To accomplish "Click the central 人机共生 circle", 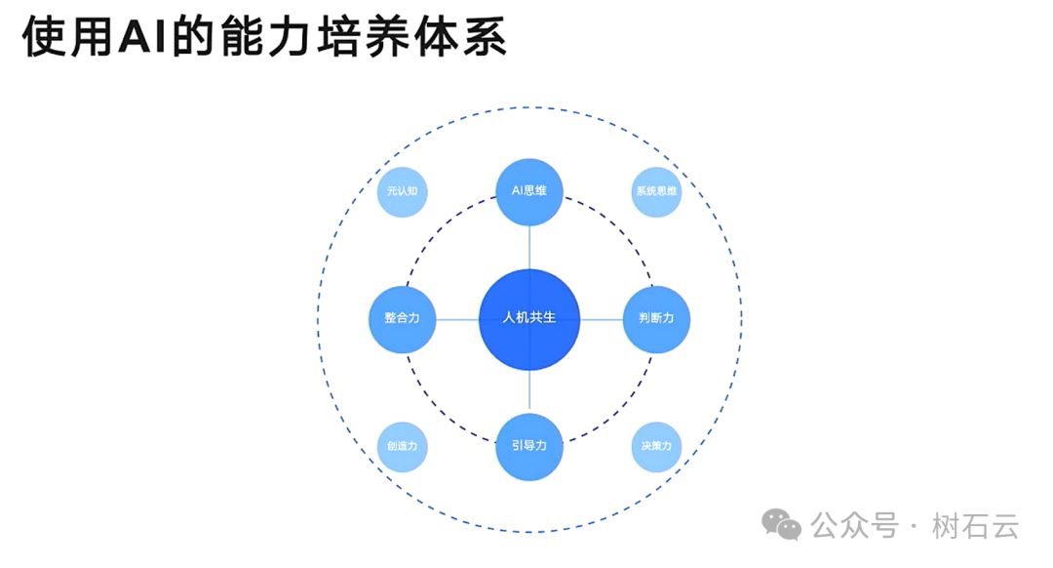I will [529, 318].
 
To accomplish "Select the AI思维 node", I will [529, 191].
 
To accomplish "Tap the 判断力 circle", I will [656, 318].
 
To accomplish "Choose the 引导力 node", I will [529, 446].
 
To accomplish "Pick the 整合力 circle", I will [402, 318].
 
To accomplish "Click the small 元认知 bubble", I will [402, 191].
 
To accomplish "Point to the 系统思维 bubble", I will [656, 191].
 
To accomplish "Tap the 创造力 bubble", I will [402, 446].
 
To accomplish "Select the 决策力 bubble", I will [656, 446].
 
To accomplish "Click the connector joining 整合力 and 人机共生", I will [456, 318].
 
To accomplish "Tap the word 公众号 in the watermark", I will [855, 526].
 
